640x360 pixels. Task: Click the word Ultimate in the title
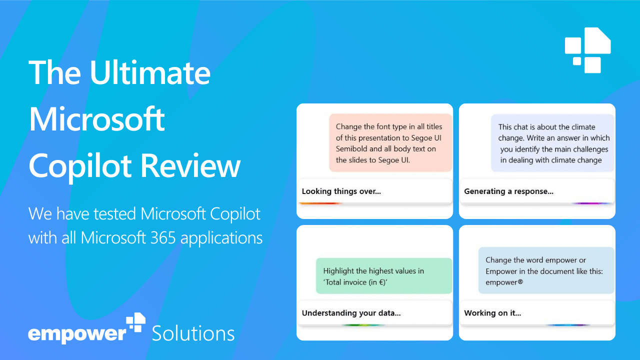click(150, 72)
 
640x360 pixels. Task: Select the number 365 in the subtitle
click(162, 237)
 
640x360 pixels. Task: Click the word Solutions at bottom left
click(193, 333)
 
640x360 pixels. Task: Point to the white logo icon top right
click(588, 50)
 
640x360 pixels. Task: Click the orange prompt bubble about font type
click(390, 143)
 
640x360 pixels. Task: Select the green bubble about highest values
click(383, 276)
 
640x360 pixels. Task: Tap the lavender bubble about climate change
click(552, 143)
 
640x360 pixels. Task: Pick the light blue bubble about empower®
click(545, 270)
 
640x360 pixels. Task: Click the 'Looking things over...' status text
click(341, 191)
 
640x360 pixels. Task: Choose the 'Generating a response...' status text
click(508, 191)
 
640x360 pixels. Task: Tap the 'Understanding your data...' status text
click(351, 313)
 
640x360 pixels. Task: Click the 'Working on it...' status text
click(492, 313)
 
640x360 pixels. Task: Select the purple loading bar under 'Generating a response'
click(591, 203)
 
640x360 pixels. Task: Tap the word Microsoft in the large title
click(97, 119)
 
